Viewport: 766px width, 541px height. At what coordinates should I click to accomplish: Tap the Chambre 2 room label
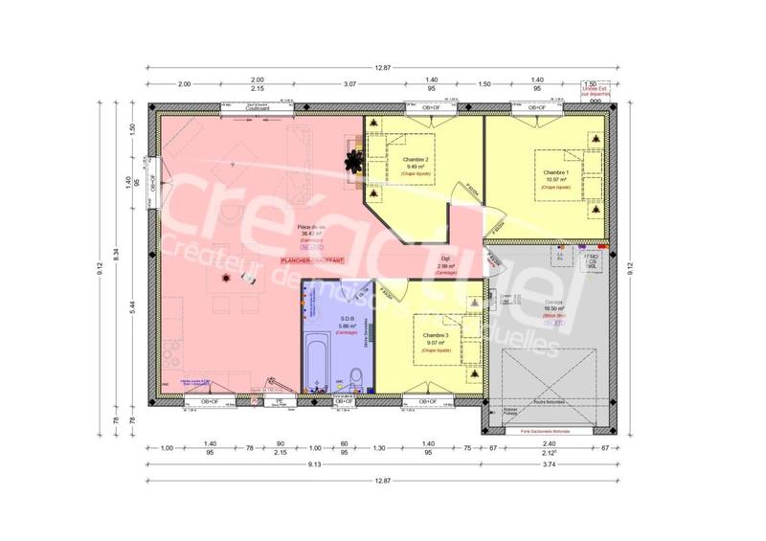[414, 159]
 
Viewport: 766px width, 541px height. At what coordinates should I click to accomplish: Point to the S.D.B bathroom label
[347, 318]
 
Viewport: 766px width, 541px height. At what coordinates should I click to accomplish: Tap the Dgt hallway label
[445, 259]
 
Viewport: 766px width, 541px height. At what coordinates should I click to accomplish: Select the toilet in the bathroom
[355, 375]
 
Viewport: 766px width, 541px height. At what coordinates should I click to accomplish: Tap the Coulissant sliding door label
[258, 109]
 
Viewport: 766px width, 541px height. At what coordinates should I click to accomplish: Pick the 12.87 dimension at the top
[383, 67]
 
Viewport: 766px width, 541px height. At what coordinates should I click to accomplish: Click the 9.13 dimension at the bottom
[314, 465]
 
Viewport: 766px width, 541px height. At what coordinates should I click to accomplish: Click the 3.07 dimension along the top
[350, 84]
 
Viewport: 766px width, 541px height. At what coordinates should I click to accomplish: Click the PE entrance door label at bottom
[280, 402]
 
